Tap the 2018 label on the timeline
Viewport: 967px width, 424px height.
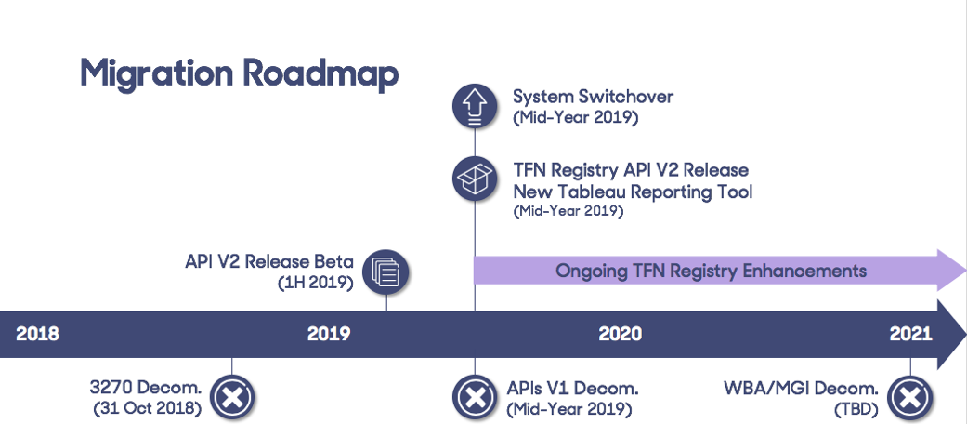37,334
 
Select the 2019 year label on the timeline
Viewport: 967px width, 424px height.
329,334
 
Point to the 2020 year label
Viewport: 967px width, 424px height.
620,334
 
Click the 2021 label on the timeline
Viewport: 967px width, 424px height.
911,334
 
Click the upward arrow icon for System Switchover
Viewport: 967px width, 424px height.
475,106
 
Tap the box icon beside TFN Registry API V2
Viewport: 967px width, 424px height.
475,179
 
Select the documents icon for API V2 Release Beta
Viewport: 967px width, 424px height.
385,272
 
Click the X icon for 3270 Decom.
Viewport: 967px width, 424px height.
232,398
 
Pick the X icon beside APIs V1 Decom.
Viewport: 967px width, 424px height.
475,398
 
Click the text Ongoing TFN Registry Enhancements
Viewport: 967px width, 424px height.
711,272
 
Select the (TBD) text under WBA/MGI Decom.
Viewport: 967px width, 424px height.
856,408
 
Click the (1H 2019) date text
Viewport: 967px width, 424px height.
316,282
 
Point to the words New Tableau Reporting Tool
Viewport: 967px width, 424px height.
633,192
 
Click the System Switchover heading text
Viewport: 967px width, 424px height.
593,97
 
